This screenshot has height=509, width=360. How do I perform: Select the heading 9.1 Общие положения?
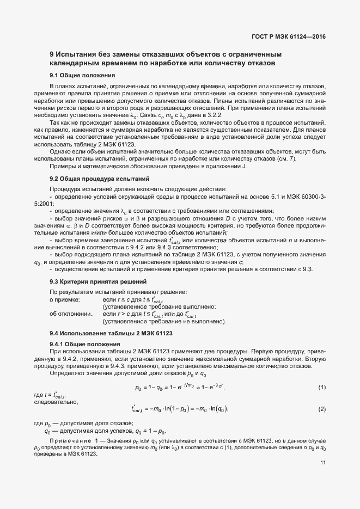pos(82,75)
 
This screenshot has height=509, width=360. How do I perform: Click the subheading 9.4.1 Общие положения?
pos(84,344)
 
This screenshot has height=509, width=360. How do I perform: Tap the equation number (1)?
pos(322,387)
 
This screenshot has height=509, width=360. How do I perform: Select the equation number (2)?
pos(322,409)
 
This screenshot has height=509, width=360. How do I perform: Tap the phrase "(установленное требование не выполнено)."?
pos(164,321)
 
